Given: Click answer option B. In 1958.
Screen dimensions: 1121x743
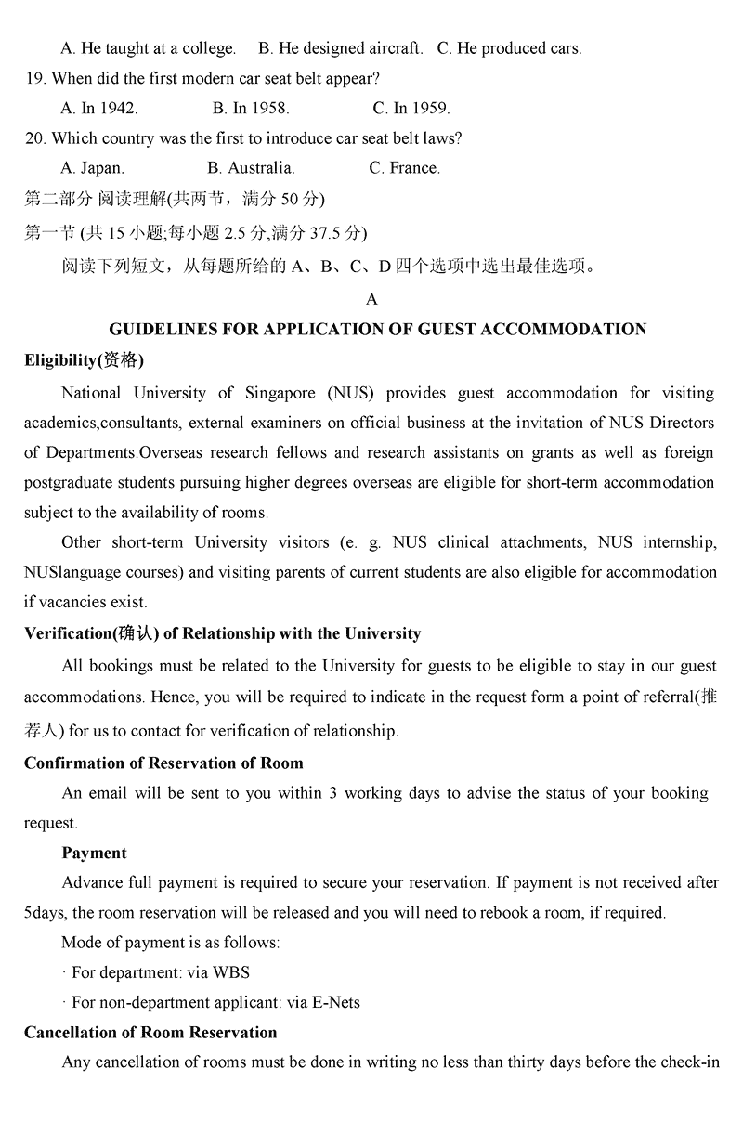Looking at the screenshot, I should (x=251, y=108).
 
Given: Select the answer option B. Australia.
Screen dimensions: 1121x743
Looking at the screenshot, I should (x=251, y=168).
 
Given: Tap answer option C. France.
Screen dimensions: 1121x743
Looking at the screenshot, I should (x=404, y=168).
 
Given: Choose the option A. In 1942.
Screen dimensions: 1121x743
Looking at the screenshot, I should (x=99, y=108).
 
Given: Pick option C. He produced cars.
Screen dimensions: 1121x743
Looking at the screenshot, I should (x=509, y=48).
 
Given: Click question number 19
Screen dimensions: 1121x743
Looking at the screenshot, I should (x=35, y=78).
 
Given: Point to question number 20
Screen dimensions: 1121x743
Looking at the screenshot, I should (x=35, y=138).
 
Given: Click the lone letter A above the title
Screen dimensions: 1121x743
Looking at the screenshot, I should (x=372, y=299).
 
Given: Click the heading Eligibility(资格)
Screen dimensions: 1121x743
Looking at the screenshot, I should (x=84, y=360).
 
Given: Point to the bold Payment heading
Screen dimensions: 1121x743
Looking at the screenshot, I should (x=94, y=853).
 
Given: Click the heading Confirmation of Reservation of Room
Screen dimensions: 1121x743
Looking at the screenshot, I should (x=163, y=763).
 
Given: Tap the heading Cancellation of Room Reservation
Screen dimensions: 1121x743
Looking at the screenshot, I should (x=150, y=1032).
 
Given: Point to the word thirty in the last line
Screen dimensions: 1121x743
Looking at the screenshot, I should (x=526, y=1062).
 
